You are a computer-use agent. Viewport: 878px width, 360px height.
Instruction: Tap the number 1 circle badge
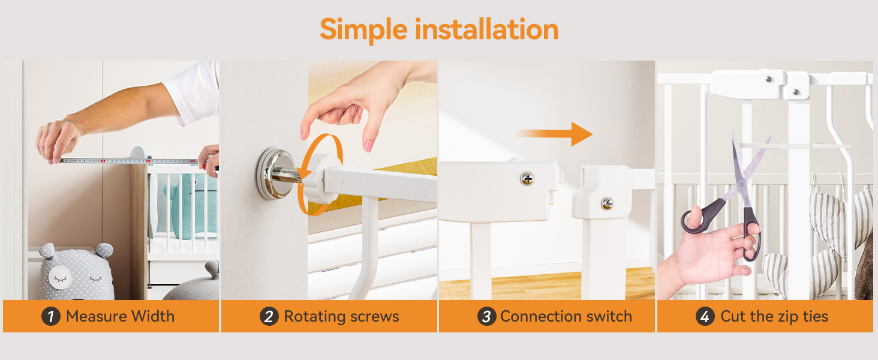51,316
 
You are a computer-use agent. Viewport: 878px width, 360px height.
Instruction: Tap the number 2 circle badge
269,316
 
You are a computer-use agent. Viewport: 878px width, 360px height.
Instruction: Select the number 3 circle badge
486,316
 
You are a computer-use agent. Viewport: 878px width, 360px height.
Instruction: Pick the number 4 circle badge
705,316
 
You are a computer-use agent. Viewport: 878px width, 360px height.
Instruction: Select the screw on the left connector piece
527,178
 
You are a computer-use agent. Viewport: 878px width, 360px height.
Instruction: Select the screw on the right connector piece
607,203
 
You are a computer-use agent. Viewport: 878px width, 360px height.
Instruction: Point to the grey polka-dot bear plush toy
76,273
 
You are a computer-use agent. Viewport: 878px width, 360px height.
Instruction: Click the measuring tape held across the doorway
129,161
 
